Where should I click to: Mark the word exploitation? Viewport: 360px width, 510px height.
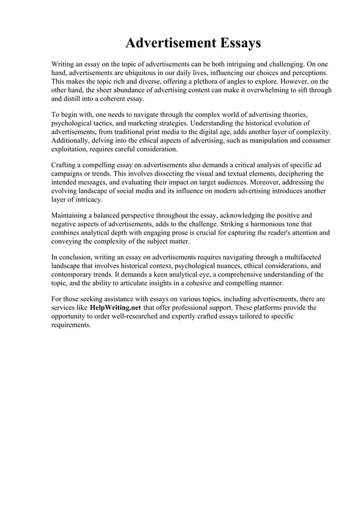(71, 149)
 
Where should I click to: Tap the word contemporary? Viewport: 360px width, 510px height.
(73, 274)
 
